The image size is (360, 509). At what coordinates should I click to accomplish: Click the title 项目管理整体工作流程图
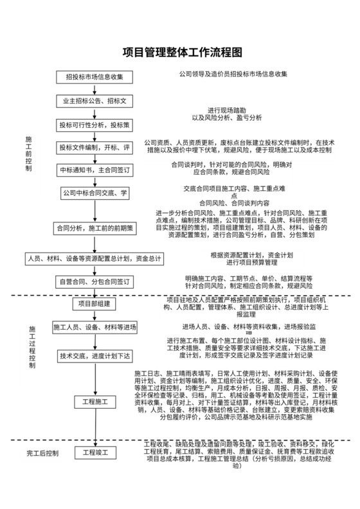coord(183,52)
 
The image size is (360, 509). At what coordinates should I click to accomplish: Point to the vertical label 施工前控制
coord(28,154)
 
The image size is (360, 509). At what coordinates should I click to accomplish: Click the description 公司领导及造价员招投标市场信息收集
coord(233,75)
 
